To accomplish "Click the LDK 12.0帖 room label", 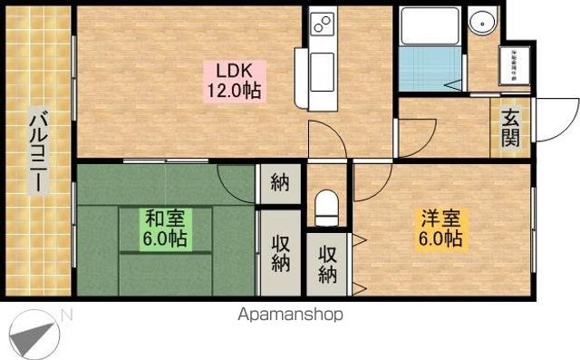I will coord(238,80).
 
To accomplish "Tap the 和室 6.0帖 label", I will coord(165,229).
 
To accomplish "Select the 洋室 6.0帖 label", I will coord(440,229).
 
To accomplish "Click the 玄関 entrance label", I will coord(510,128).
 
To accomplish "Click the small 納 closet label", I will coord(278,184).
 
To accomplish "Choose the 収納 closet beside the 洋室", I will coord(326,263).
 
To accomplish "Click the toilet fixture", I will coord(325,207).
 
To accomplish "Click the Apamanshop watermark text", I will coord(290,316).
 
